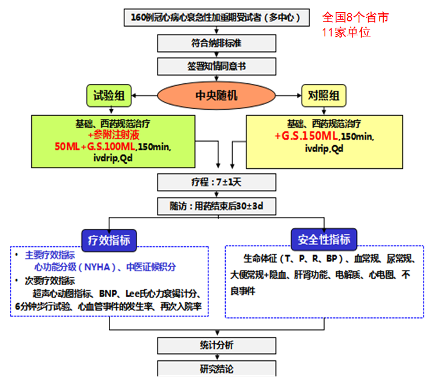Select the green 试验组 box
pyautogui.click(x=109, y=95)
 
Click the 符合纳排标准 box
pyautogui.click(x=216, y=42)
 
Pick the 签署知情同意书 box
pyautogui.click(x=216, y=66)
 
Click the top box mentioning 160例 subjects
pyautogui.click(x=216, y=17)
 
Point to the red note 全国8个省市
pyautogui.click(x=355, y=17)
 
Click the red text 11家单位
pyautogui.click(x=346, y=32)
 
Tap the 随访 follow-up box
pyautogui.click(x=216, y=205)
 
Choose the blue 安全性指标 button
pyautogui.click(x=324, y=239)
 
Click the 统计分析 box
pyautogui.click(x=216, y=345)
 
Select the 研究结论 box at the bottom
pyautogui.click(x=216, y=368)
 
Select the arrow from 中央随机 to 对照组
pyautogui.click(x=287, y=95)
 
